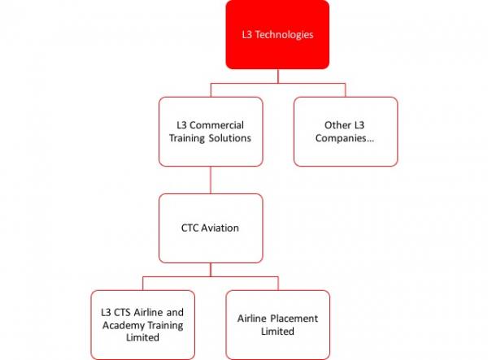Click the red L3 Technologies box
277,34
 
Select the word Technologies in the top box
284,35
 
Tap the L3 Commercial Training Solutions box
211,132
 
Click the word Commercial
216,125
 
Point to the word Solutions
230,138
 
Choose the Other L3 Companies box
346,132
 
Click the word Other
338,125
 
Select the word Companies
345,138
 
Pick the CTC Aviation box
211,228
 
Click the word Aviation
220,228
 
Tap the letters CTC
190,228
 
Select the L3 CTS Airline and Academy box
143,325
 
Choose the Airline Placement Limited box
278,325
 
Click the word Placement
294,319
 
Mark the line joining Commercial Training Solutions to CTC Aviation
211,180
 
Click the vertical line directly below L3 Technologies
278,76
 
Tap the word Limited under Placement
277,332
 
